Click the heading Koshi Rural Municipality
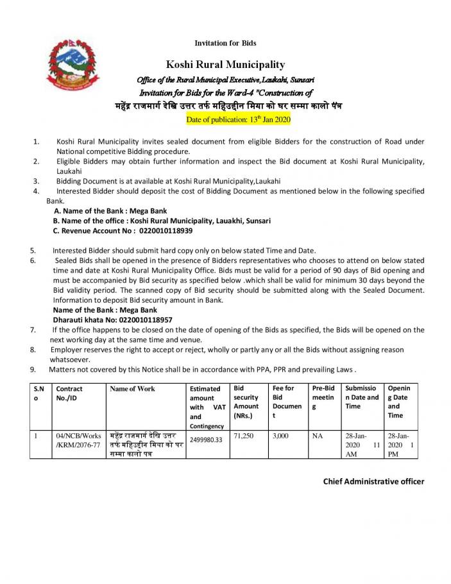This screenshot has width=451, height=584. coord(225,64)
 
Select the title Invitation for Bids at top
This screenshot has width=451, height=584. coord(225,43)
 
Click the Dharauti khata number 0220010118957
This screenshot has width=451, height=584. coord(145,319)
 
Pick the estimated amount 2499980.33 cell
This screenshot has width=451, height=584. coord(206,440)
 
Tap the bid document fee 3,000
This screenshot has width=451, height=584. coord(281,435)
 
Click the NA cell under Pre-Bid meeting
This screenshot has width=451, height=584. coord(318,435)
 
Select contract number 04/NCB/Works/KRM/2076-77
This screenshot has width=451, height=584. coord(78,440)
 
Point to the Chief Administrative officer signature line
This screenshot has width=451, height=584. coord(373,481)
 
